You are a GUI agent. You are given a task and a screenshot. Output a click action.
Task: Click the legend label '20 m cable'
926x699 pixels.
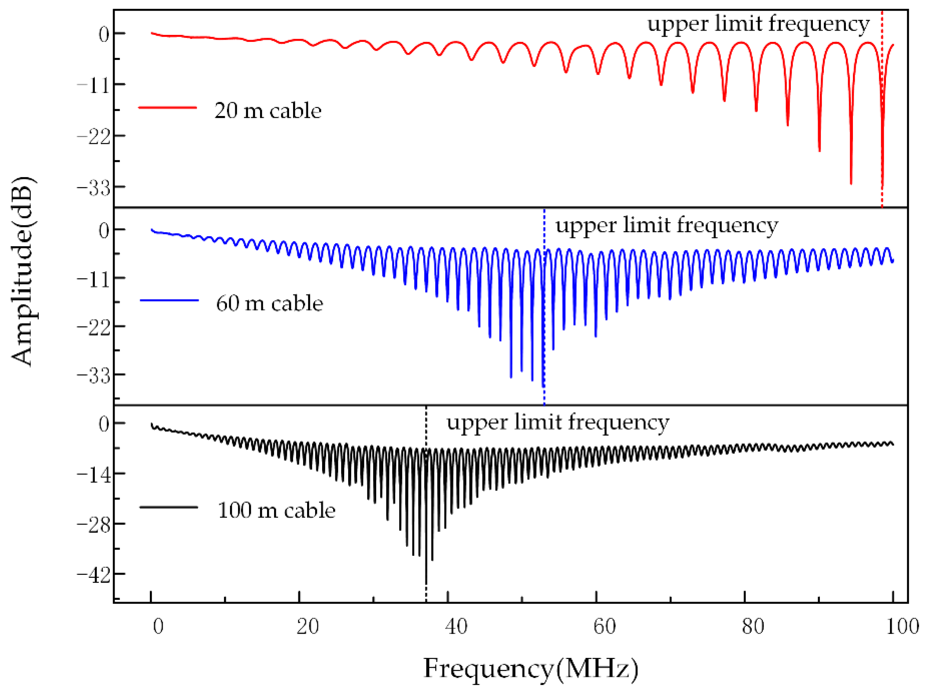click(267, 111)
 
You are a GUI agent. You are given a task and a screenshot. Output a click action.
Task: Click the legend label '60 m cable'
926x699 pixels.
click(269, 304)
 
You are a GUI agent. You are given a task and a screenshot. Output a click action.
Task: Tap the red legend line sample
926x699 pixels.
click(167, 108)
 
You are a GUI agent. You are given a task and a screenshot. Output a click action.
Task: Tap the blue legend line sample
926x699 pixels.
click(169, 300)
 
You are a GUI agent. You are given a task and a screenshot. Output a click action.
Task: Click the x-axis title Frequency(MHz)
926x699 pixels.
click(531, 669)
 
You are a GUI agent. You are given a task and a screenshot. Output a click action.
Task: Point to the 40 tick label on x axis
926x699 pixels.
click(456, 627)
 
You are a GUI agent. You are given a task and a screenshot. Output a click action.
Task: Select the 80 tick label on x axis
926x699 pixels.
click(753, 627)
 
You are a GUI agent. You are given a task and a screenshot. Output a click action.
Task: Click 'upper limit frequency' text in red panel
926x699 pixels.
click(759, 24)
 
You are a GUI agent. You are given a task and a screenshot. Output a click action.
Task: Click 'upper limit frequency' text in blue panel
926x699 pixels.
click(666, 226)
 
